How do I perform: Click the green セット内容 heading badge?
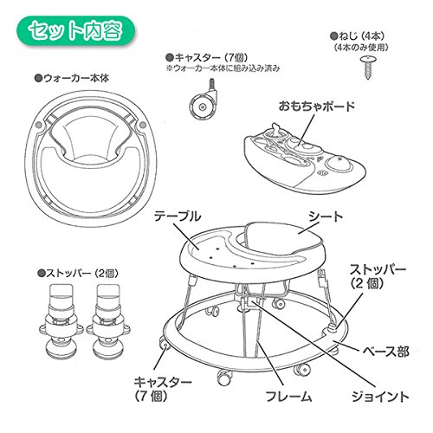[x=76, y=31]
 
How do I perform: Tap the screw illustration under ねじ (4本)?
[x=368, y=68]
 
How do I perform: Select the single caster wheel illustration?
[x=203, y=100]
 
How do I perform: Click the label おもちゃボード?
[x=317, y=107]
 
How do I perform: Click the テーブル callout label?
[x=178, y=216]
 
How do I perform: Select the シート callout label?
[x=326, y=216]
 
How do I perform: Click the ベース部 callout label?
[x=385, y=352]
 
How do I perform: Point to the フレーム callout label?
[x=288, y=396]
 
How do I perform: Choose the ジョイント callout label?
[x=380, y=397]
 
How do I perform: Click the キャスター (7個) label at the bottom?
[x=163, y=389]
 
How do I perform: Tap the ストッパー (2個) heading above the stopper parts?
[x=78, y=274]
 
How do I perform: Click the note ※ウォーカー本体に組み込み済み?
[x=223, y=68]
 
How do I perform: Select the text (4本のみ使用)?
[x=361, y=48]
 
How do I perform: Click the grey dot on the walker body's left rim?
[x=39, y=125]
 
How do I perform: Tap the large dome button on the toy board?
[x=339, y=163]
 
